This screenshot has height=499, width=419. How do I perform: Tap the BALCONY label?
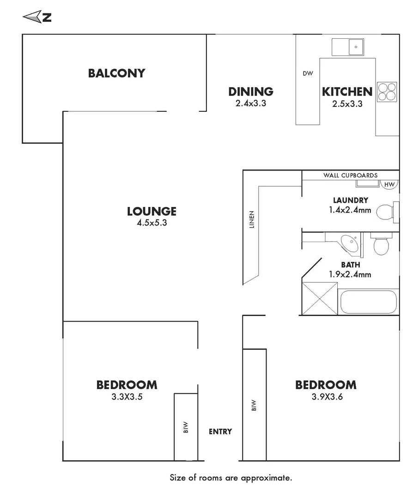[116, 73]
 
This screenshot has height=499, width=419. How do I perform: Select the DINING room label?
[251, 91]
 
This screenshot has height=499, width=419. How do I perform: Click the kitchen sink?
[348, 47]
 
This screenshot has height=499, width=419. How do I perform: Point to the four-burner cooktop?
[387, 92]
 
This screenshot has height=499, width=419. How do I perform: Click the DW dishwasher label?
[308, 73]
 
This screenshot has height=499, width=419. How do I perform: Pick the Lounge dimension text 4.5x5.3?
[152, 223]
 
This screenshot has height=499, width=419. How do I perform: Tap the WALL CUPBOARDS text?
[350, 176]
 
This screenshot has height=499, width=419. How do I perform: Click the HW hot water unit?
[389, 184]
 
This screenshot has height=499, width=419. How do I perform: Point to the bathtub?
[368, 302]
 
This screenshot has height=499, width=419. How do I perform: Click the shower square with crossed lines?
[319, 298]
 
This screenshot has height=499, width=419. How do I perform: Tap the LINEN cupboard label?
[252, 219]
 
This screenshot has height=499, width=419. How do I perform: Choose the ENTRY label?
[220, 432]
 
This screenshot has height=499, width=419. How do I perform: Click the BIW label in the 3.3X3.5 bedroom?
[186, 427]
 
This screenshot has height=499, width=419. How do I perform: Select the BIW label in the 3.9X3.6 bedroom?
[254, 405]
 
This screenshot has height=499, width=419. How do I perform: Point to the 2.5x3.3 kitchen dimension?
[347, 104]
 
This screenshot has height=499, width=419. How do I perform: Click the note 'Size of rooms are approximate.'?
[231, 478]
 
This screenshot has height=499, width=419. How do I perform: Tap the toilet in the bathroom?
[381, 244]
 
